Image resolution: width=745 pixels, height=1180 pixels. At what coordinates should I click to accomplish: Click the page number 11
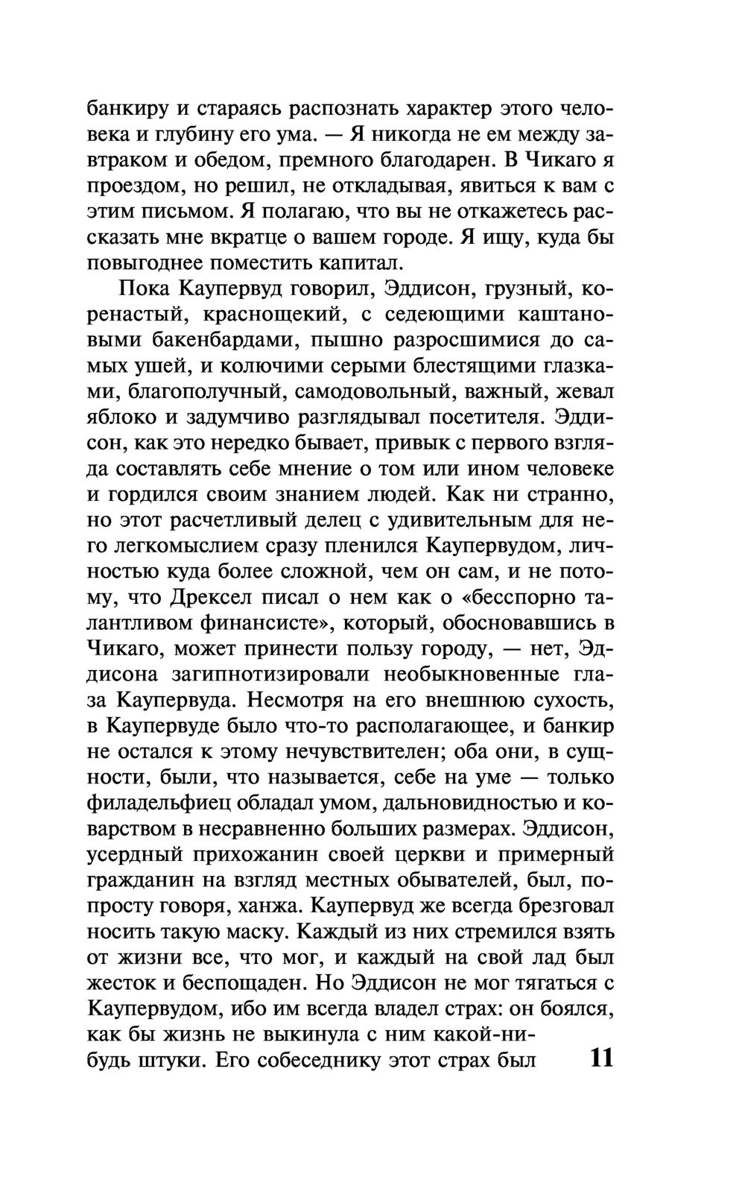click(600, 1059)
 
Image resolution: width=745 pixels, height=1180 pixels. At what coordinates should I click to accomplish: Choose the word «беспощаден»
click(233, 985)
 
